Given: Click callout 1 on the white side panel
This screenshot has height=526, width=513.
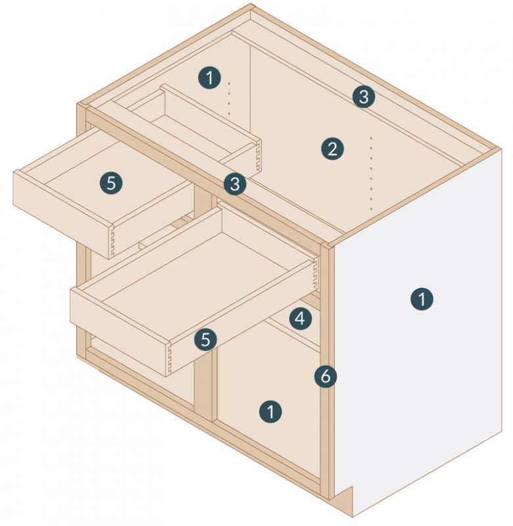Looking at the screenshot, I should click(422, 299).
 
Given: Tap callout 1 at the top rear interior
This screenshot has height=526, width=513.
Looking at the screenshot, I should click(209, 78).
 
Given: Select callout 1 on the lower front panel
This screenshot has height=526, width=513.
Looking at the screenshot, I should click(270, 412).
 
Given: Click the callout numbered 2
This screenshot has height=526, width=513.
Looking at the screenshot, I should click(332, 149).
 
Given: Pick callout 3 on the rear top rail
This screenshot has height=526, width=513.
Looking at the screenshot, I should click(363, 97).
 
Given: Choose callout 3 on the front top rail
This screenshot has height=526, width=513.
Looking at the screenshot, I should click(235, 184).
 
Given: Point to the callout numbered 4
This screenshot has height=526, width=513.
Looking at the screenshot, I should click(300, 319).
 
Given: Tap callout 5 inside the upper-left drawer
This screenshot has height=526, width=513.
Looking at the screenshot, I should click(110, 183).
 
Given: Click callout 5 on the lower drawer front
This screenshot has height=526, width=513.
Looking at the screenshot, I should click(206, 339).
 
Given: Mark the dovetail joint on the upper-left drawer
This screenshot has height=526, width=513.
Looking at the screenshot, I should click(112, 241).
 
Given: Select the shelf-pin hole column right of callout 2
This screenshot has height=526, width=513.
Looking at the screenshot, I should click(372, 174).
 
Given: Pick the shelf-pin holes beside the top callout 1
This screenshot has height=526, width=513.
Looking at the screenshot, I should click(230, 99).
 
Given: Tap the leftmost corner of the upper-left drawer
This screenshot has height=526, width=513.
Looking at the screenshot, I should click(14, 172).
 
